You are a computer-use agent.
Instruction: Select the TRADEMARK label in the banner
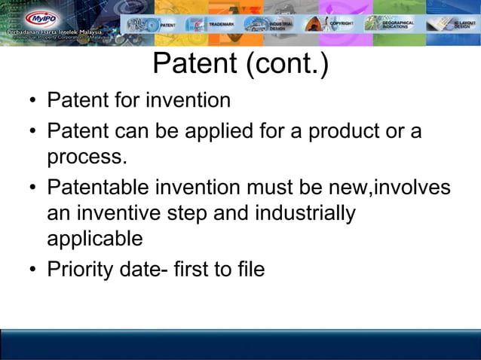(x=222, y=24)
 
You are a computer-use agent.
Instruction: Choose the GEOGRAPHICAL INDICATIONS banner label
(x=398, y=24)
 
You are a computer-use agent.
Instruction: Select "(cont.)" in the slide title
(x=286, y=65)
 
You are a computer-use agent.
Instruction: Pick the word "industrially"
(x=305, y=213)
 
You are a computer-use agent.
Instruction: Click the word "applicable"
(x=95, y=239)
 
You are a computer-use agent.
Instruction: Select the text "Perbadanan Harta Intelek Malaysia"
(x=54, y=35)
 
